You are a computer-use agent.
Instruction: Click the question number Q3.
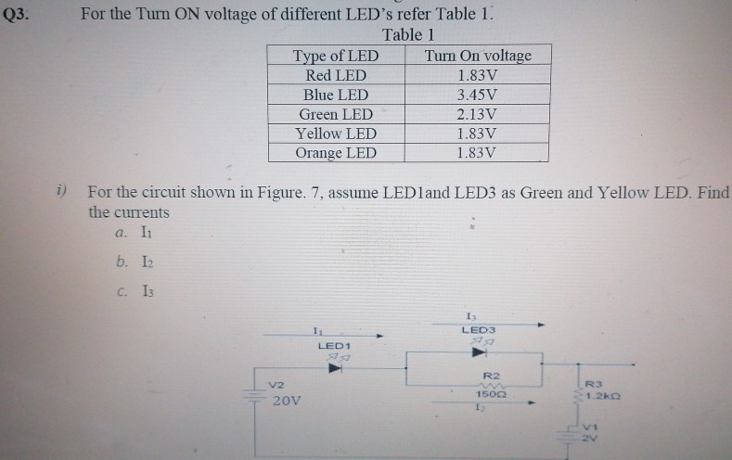pyautogui.click(x=16, y=16)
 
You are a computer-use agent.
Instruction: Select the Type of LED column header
pyautogui.click(x=336, y=56)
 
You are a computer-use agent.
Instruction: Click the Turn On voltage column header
pyautogui.click(x=478, y=56)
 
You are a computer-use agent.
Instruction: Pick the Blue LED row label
pyautogui.click(x=336, y=95)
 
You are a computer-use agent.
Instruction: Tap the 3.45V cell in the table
pyautogui.click(x=478, y=95)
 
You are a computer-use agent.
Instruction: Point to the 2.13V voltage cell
pyautogui.click(x=478, y=114)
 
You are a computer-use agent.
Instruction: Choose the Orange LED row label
pyautogui.click(x=336, y=153)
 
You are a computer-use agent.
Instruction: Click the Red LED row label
pyautogui.click(x=336, y=75)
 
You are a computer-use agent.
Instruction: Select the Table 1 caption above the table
pyautogui.click(x=408, y=35)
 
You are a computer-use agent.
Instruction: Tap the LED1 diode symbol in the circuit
pyautogui.click(x=335, y=367)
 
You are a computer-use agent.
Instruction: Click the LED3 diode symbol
pyautogui.click(x=479, y=352)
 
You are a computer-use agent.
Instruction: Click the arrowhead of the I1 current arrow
pyautogui.click(x=379, y=336)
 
